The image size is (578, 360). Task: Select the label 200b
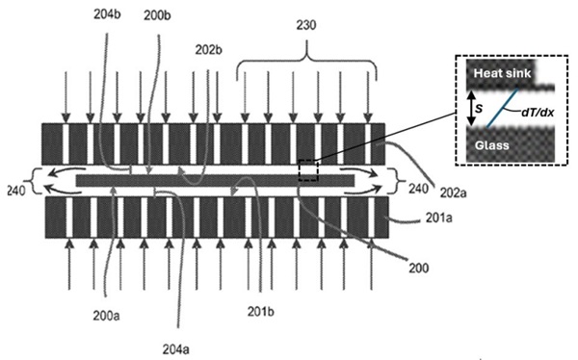coord(156,16)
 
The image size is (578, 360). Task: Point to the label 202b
coord(209,48)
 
